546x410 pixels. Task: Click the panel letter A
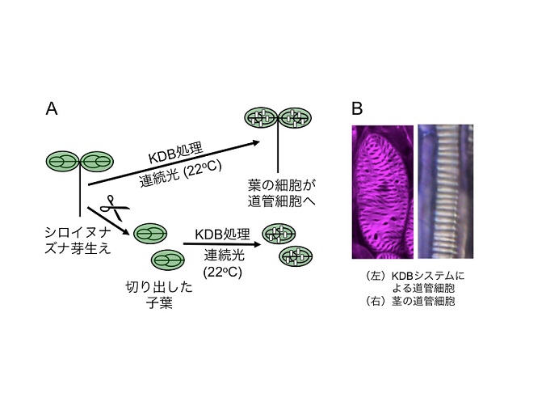tap(52, 109)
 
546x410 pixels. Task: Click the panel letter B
tap(357, 108)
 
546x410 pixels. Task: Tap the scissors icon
tap(114, 208)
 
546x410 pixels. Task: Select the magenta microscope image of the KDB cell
tap(382, 192)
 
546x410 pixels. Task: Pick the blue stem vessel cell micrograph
tap(445, 192)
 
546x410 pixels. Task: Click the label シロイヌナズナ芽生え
tap(78, 240)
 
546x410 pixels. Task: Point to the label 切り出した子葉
tap(159, 295)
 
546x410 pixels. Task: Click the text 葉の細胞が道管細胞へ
tap(282, 193)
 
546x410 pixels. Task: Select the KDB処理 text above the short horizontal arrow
tap(222, 234)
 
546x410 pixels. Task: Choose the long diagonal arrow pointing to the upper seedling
tap(174, 163)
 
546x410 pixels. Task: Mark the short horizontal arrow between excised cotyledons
tap(222, 244)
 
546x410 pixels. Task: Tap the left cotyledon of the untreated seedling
tap(63, 162)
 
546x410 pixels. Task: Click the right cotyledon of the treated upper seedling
tap(295, 118)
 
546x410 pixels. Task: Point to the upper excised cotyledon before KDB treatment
tap(150, 234)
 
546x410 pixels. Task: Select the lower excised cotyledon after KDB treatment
tap(296, 256)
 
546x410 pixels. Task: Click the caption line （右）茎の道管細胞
tap(409, 301)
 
